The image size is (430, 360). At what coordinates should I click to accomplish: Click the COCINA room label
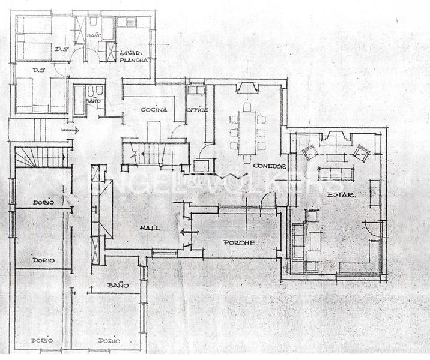[x=153, y=110]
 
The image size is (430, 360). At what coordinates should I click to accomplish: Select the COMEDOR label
[x=268, y=166]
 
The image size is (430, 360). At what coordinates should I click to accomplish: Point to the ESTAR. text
[x=339, y=195]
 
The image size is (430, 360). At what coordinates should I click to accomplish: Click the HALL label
[x=149, y=229]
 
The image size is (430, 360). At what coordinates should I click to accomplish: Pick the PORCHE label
[x=239, y=242]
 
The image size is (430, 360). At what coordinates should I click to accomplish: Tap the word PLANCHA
[x=133, y=61]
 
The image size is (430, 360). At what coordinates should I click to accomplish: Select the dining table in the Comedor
[x=246, y=128]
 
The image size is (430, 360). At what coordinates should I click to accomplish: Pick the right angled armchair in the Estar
[x=361, y=152]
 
